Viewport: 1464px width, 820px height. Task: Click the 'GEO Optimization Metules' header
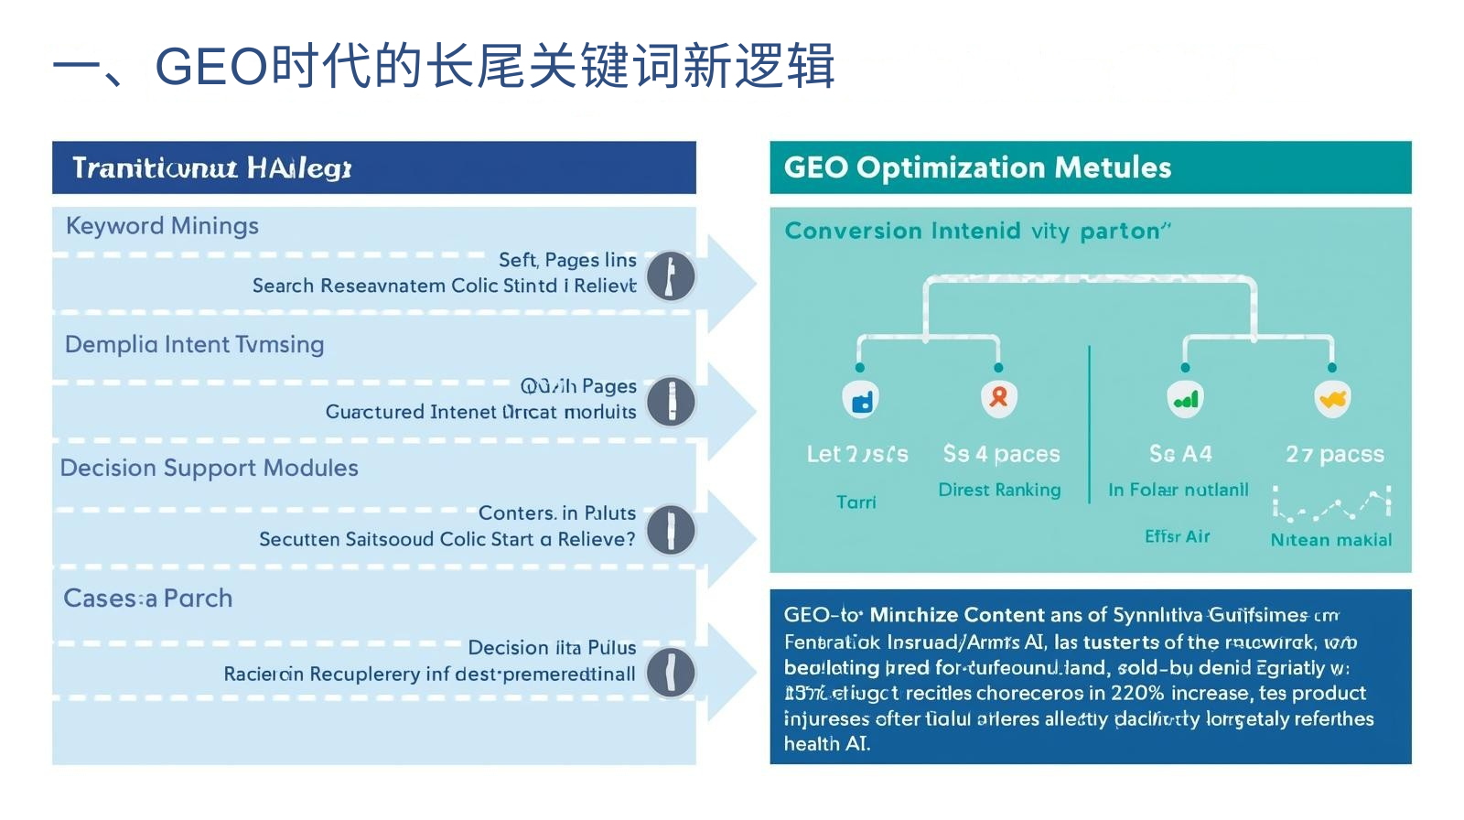pos(977,167)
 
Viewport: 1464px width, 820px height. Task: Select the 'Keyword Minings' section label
pos(162,226)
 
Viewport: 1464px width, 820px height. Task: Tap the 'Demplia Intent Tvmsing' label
pos(194,345)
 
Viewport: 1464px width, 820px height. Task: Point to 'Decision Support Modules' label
pos(209,469)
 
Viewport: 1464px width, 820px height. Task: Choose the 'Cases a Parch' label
pos(147,599)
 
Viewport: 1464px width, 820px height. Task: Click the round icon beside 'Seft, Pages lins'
pos(671,276)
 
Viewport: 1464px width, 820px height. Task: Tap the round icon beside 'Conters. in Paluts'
pos(671,530)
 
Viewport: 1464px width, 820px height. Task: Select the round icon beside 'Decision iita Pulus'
pos(671,673)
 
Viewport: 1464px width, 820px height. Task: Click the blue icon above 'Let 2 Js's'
pos(860,399)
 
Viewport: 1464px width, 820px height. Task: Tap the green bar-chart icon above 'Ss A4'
pos(1185,399)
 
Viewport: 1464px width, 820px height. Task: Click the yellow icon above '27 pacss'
pos(1332,399)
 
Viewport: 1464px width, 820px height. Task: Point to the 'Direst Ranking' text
pos(999,490)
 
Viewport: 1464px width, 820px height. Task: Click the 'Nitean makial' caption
pos(1330,540)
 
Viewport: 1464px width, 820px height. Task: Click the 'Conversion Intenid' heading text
pos(902,231)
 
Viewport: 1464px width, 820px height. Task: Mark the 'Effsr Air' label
pos(1177,536)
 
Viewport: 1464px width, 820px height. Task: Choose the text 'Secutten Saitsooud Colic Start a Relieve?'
pos(447,539)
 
